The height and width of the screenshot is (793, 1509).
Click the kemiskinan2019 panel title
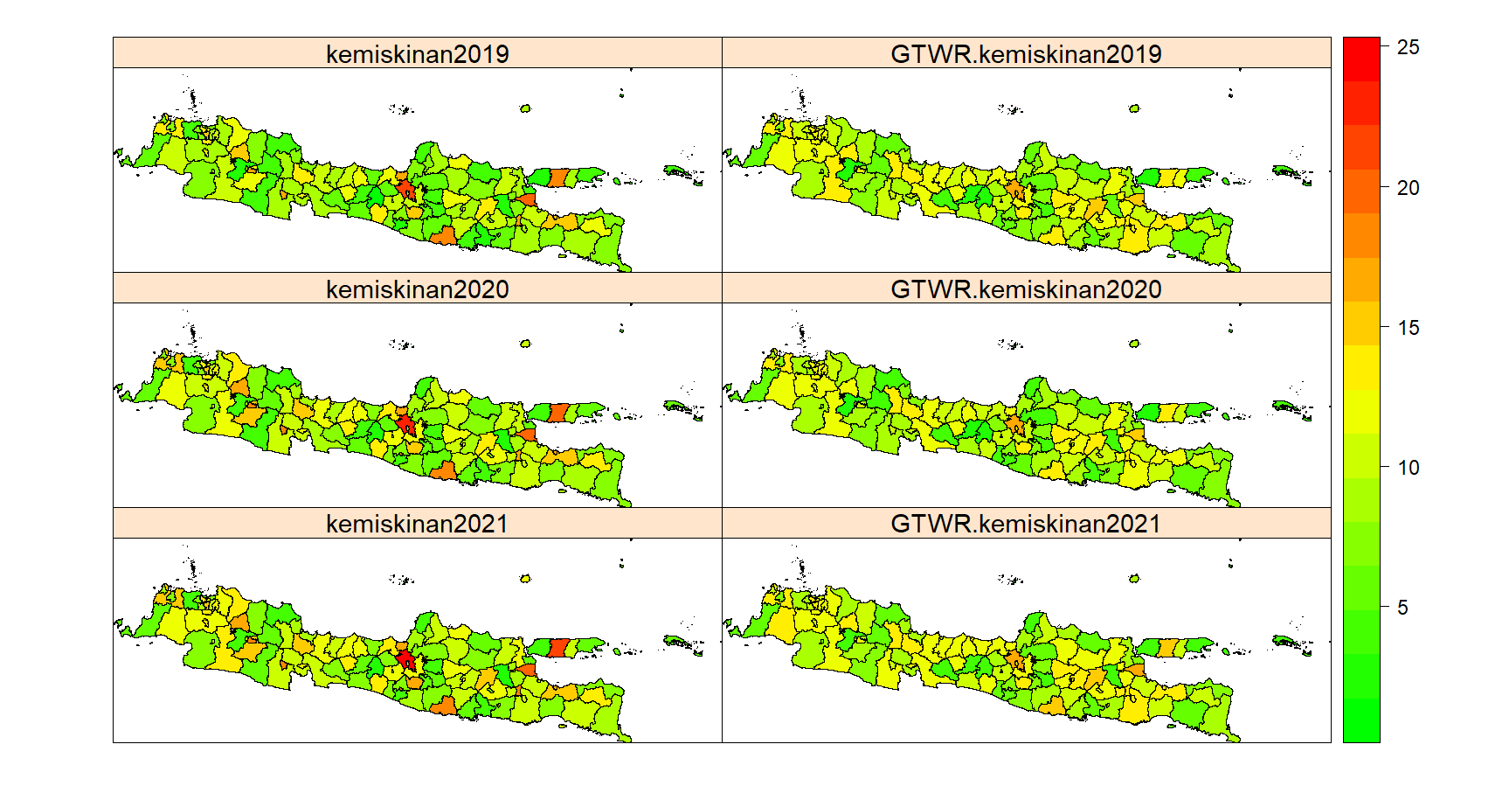[417, 54]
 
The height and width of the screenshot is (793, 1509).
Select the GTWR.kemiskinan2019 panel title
[1026, 54]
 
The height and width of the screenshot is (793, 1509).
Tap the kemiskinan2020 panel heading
[417, 289]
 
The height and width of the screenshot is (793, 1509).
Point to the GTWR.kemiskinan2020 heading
[1026, 289]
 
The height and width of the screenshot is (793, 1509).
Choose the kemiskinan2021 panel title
[417, 524]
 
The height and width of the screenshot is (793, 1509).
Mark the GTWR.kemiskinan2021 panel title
[1026, 524]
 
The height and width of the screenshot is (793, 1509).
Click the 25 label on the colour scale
[1408, 48]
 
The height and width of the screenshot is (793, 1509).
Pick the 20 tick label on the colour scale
[1408, 188]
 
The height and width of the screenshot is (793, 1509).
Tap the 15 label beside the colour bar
[1408, 328]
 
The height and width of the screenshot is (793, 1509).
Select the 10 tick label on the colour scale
[1408, 468]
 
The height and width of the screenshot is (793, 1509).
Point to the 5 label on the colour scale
[1402, 608]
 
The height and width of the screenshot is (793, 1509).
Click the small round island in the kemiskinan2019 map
[525, 109]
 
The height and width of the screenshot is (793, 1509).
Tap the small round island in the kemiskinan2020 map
[525, 344]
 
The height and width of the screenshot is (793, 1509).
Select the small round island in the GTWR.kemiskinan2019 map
[1134, 109]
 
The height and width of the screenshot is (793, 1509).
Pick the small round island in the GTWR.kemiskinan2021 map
[1134, 579]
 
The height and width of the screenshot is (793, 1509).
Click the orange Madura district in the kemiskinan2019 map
[559, 177]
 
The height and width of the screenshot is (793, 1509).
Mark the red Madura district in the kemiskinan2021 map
[559, 648]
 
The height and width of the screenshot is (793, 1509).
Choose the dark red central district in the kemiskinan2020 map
[405, 425]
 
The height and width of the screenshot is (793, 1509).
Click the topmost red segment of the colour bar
[1360, 59]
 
